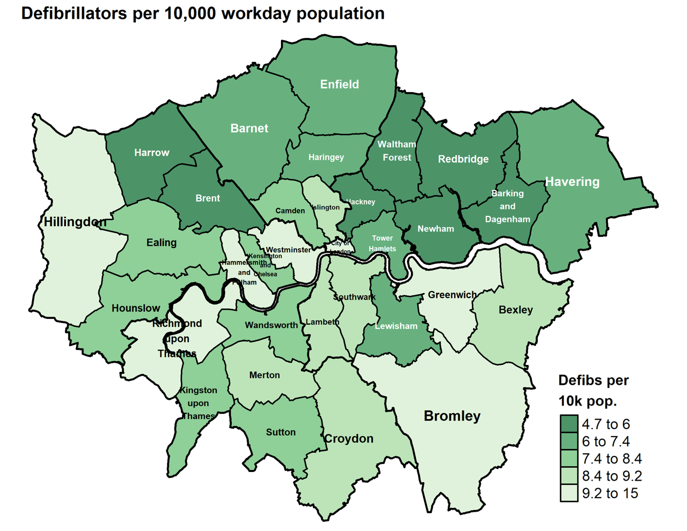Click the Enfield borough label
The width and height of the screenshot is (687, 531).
pos(339,84)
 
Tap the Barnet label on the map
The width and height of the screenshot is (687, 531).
pos(249,129)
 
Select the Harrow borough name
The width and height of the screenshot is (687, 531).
pos(151,153)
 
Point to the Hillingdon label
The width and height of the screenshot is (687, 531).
pos(75,222)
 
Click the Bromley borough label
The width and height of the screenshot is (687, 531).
pos(452,416)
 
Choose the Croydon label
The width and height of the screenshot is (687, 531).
pos(349,439)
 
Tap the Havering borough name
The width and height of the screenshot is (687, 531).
pos(572,182)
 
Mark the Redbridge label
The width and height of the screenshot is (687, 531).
pos(463,159)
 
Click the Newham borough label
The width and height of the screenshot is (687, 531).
pos(436,229)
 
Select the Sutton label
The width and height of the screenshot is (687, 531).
pos(280,432)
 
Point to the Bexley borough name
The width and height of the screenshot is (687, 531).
pos(515,310)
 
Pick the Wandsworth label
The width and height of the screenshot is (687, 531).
pos(271,325)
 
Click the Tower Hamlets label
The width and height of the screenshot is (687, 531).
pos(382,243)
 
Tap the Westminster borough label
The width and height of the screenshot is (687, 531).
pos(288,250)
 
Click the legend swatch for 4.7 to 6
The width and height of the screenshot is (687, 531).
pos(569,424)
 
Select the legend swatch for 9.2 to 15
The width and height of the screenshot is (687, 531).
pos(569,493)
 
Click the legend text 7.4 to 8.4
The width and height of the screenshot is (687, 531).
pos(612,459)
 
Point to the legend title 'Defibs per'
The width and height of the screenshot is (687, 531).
pos(593,380)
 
